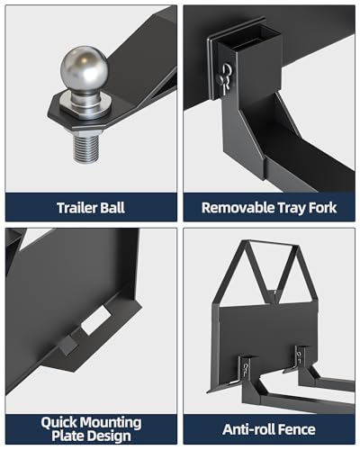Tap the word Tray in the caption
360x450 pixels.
[292, 207]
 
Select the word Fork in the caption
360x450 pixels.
[325, 207]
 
